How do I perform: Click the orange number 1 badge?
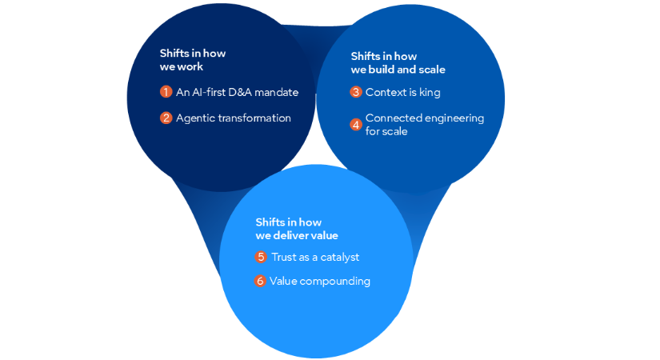[x=166, y=92]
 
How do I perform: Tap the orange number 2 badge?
[x=166, y=118]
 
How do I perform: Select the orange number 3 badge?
[x=356, y=92]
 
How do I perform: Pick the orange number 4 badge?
[x=356, y=124]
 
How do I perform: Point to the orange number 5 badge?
[x=261, y=257]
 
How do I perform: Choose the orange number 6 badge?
[x=261, y=281]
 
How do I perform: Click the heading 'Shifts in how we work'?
[x=193, y=60]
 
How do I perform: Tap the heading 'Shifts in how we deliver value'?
[x=297, y=228]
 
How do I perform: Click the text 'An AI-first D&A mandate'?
[x=237, y=92]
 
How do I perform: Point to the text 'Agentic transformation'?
[x=233, y=118]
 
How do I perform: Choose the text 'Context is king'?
[x=402, y=92]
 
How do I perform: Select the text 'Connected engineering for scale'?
[x=424, y=124]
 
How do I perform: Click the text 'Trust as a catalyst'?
[x=314, y=257]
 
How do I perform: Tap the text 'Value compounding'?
[x=319, y=281]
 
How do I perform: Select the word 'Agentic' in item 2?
[x=195, y=118]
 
